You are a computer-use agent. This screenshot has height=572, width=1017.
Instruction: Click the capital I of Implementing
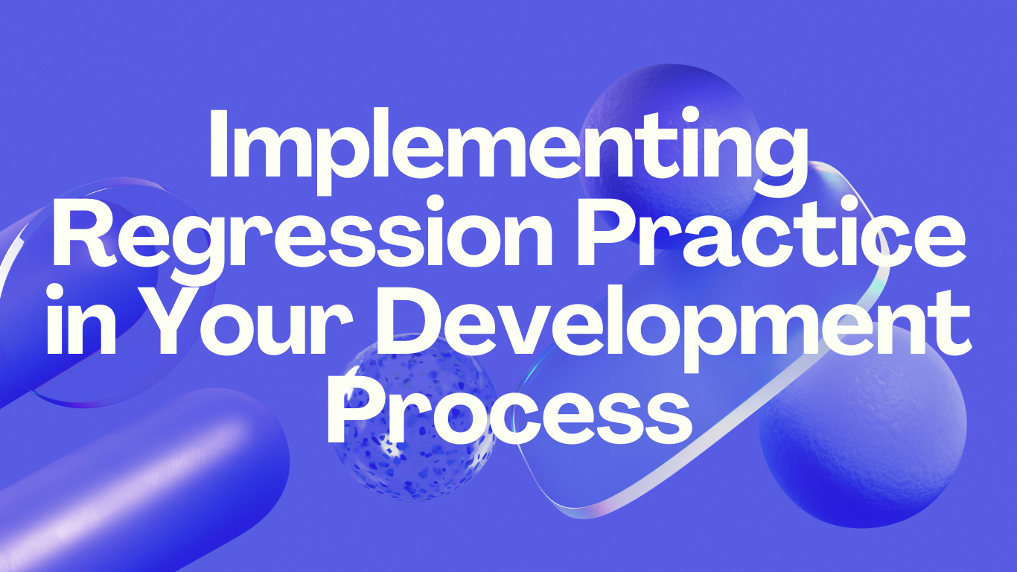point(220,144)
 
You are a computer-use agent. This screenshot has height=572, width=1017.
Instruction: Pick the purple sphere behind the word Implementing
point(670,97)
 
